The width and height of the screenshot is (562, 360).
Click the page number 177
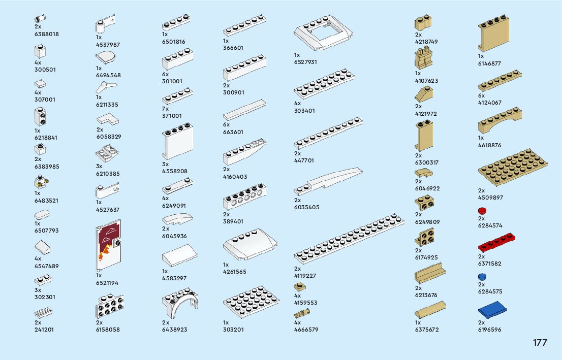540,343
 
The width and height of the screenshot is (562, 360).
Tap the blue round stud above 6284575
482,277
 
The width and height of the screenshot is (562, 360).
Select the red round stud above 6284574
482,211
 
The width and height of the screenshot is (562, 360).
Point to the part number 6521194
107,283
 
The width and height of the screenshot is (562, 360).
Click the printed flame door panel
108,245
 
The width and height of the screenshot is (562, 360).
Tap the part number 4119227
305,276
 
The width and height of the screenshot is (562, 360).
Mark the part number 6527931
305,62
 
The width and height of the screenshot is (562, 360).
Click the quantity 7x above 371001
165,109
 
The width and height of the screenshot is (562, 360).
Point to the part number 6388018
46,34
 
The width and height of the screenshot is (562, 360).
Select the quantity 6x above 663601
226,124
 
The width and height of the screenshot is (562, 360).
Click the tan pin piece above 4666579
301,312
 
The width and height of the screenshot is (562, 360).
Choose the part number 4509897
490,198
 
